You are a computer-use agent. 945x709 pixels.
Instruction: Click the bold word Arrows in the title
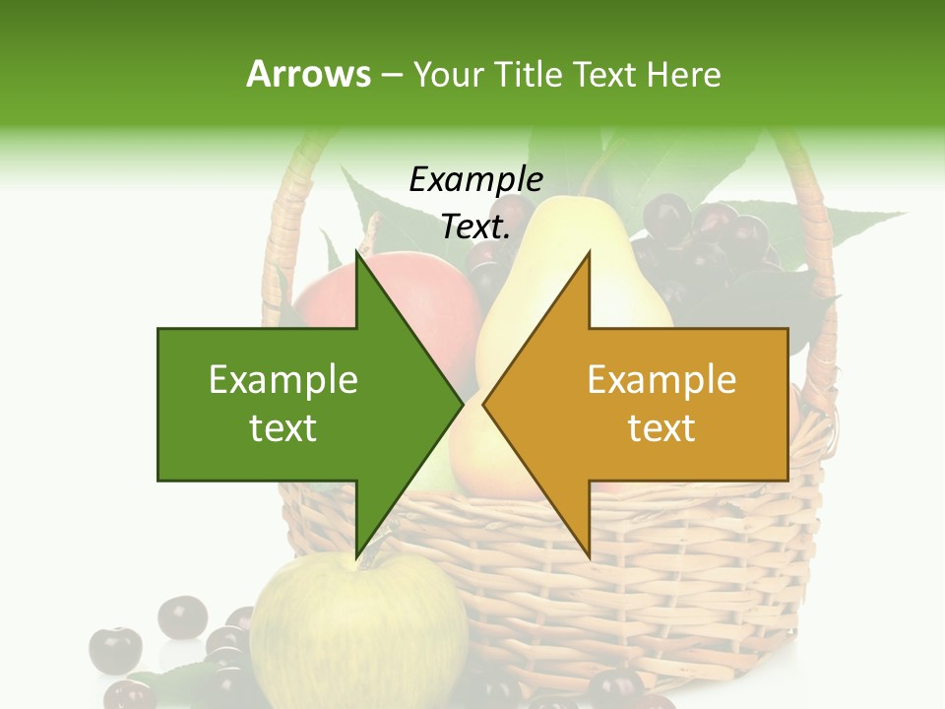(309, 74)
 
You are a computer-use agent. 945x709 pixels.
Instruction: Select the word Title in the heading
(527, 74)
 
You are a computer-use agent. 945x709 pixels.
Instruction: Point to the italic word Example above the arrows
(475, 180)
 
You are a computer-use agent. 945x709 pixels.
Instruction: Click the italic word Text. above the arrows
(475, 227)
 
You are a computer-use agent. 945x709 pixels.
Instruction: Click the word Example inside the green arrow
(283, 380)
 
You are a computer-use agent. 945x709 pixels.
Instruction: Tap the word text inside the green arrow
(283, 428)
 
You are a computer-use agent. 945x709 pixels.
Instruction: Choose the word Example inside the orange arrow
(661, 380)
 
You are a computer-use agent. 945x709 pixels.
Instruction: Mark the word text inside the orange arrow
(661, 428)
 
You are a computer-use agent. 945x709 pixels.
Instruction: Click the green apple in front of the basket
(364, 630)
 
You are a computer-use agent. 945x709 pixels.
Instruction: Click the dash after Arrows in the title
(390, 75)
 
